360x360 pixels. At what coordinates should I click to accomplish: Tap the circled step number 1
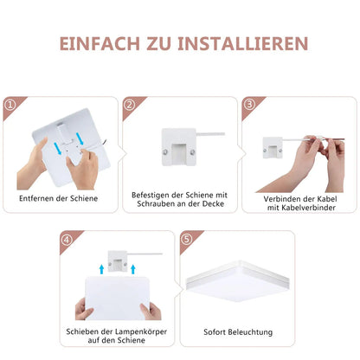[11, 105]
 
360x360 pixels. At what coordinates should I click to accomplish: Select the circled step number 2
[129, 105]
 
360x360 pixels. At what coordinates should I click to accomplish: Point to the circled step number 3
[248, 105]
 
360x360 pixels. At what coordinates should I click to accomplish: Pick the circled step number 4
[66, 239]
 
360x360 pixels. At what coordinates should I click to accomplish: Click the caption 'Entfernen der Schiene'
[58, 198]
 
